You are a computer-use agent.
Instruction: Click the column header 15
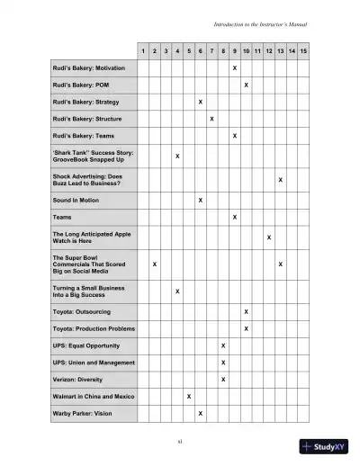pyautogui.click(x=303, y=51)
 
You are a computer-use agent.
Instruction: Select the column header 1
pyautogui.click(x=144, y=51)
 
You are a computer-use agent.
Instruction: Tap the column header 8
pyautogui.click(x=223, y=51)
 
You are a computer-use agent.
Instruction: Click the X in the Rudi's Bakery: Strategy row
pyautogui.click(x=200, y=102)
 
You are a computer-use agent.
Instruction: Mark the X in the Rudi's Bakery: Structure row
pyautogui.click(x=211, y=118)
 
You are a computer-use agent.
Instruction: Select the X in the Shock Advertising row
pyautogui.click(x=281, y=180)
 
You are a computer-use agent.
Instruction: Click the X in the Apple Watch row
pyautogui.click(x=269, y=237)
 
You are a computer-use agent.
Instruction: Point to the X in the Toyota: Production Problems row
pyautogui.click(x=247, y=328)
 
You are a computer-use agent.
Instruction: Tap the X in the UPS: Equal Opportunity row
pyautogui.click(x=223, y=345)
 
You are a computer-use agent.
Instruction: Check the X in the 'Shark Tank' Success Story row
pyautogui.click(x=177, y=157)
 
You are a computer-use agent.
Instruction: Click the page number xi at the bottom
pyautogui.click(x=180, y=442)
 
